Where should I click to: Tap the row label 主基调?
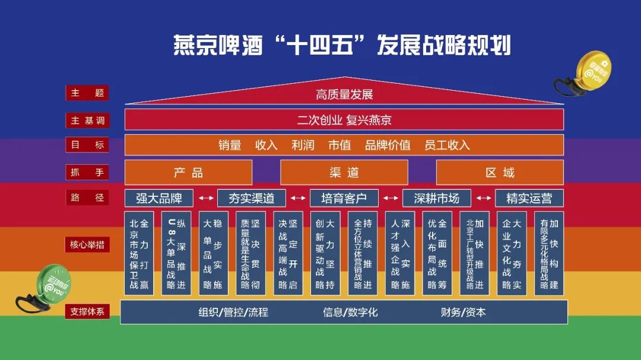click(x=87, y=120)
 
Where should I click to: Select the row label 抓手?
click(x=87, y=173)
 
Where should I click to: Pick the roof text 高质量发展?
click(x=344, y=95)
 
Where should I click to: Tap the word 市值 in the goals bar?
click(x=339, y=145)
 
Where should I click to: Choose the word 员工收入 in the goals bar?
click(x=447, y=145)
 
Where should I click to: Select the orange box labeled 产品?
click(x=188, y=173)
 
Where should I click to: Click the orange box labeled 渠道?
click(x=344, y=173)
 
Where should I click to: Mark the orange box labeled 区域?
click(x=500, y=173)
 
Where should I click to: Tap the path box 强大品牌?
click(x=159, y=198)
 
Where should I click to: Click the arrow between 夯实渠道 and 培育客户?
click(x=298, y=198)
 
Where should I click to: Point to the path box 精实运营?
click(x=529, y=198)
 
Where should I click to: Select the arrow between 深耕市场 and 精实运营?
click(x=483, y=198)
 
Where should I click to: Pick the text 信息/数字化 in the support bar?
click(x=350, y=312)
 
